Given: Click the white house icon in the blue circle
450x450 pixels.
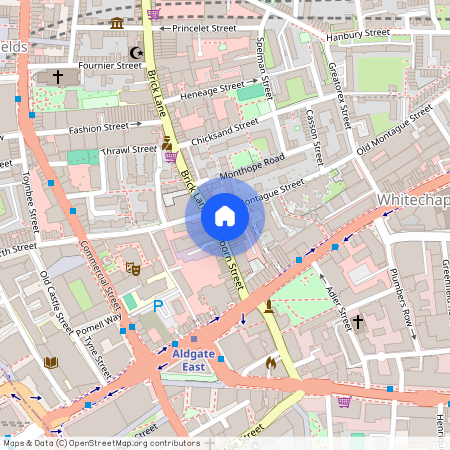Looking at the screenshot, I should click(x=225, y=216).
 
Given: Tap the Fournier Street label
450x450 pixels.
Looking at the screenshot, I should click(x=111, y=66).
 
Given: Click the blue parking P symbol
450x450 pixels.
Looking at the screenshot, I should click(x=156, y=307).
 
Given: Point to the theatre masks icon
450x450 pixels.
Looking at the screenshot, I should click(x=131, y=268).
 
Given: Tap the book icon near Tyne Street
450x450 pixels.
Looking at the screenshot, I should click(x=52, y=362).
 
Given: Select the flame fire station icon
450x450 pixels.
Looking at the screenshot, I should click(x=270, y=363).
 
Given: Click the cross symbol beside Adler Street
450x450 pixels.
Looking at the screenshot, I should click(x=358, y=322).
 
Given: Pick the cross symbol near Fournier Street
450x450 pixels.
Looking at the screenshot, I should click(x=57, y=76).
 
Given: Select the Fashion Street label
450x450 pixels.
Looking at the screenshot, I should click(x=98, y=129).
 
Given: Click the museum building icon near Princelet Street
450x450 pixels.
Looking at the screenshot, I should click(x=118, y=23).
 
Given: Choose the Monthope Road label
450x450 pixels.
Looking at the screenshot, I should click(x=259, y=168).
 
